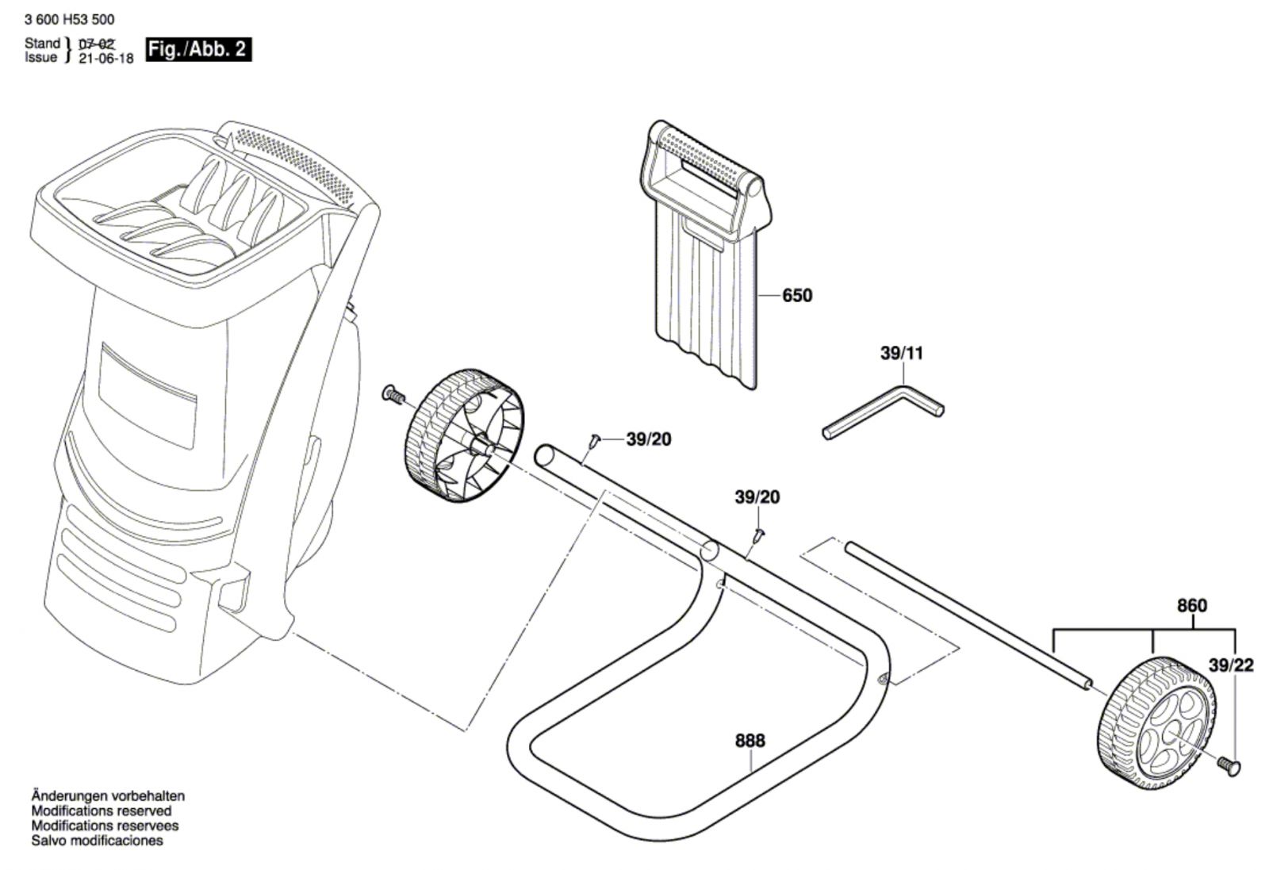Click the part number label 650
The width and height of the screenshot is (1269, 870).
(797, 296)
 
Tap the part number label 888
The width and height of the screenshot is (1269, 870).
(750, 741)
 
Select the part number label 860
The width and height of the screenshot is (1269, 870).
(1191, 606)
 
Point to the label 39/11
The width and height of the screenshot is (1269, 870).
(902, 354)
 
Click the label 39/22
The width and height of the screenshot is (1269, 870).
(1231, 665)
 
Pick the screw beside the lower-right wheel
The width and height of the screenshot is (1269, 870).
(1228, 764)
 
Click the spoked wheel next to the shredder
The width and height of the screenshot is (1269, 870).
(464, 436)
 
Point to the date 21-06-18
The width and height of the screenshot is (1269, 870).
(106, 59)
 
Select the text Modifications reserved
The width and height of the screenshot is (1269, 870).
(102, 811)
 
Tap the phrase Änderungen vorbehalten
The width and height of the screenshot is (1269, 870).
(108, 795)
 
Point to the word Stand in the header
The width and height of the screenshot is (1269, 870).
(42, 44)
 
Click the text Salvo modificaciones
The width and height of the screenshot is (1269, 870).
(98, 841)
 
